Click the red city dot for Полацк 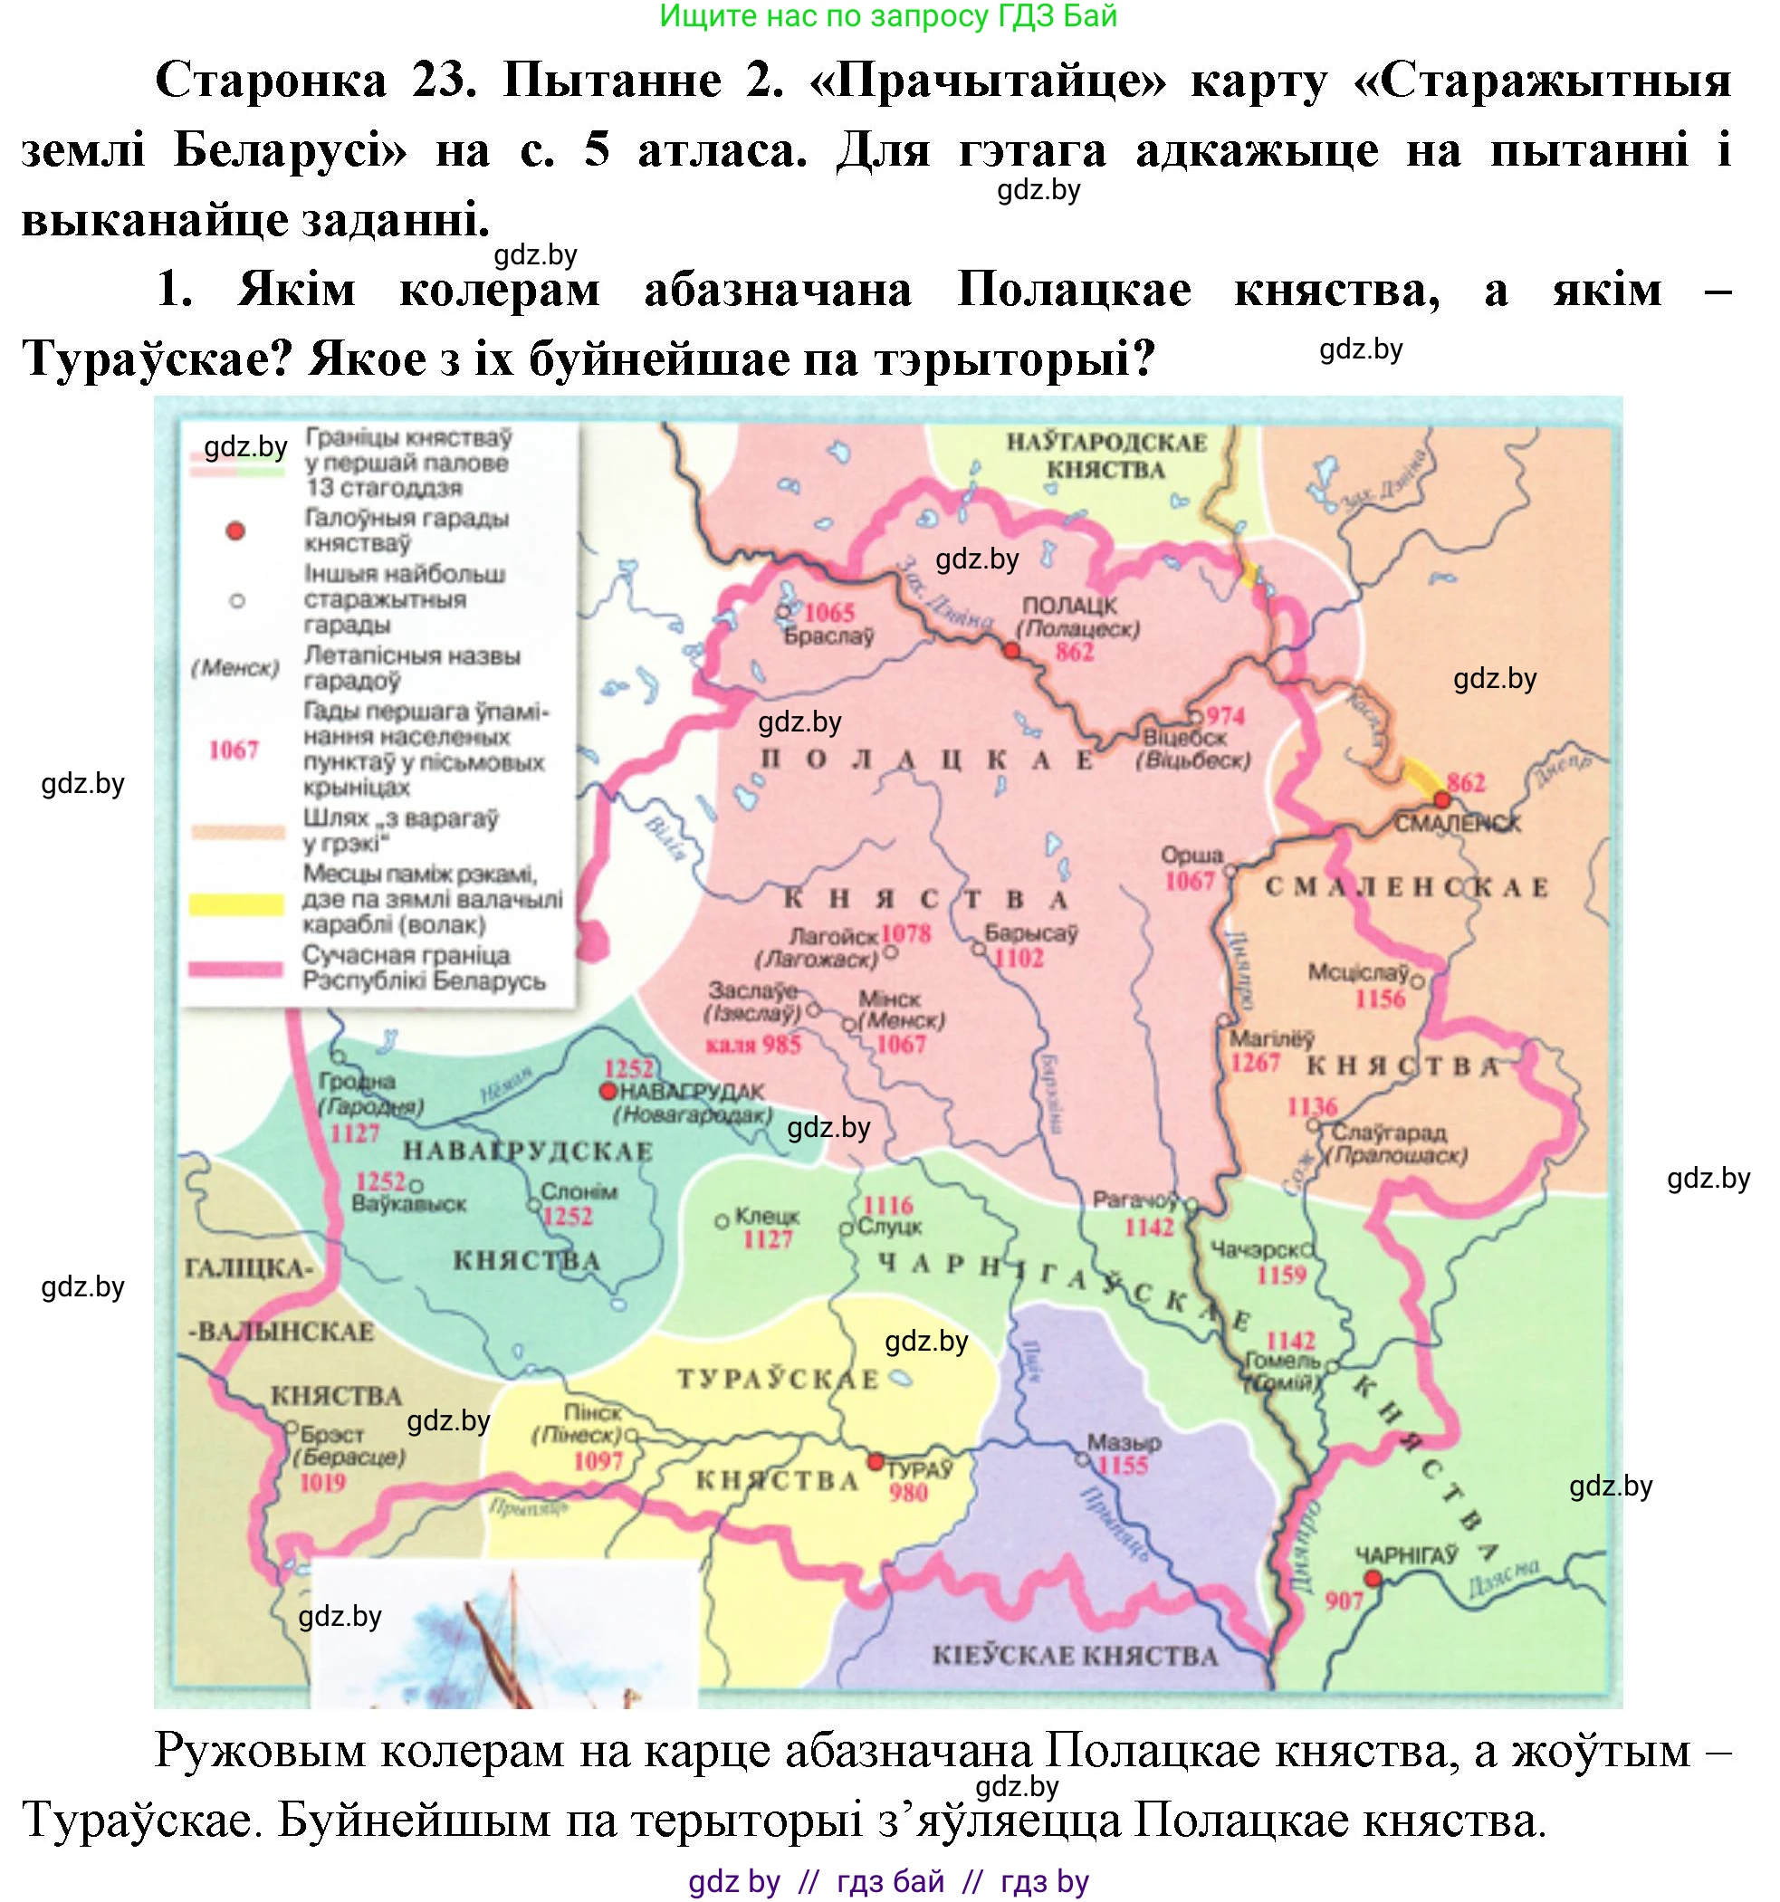tap(1010, 651)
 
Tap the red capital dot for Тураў tap(875, 1462)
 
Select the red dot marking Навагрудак tap(607, 1092)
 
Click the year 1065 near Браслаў tap(828, 612)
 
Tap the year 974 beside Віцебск tap(1226, 717)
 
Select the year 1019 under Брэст tap(322, 1482)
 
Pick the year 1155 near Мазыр tap(1123, 1466)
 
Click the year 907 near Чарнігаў tap(1344, 1600)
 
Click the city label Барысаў tap(1031, 932)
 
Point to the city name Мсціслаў tap(1358, 973)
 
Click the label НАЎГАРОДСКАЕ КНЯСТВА tap(1105, 456)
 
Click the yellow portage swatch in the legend tap(236, 904)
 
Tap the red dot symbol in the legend tap(235, 531)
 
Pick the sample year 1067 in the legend tap(234, 750)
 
